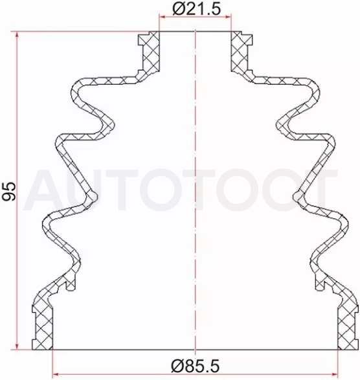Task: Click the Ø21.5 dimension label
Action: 197,9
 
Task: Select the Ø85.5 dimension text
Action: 196,366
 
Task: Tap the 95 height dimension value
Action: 9,191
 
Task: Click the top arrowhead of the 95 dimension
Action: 17,35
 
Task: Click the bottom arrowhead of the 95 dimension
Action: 17,346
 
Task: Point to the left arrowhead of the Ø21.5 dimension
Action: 163,17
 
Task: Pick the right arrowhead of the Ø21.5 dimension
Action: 228,17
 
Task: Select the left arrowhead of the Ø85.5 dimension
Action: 56,375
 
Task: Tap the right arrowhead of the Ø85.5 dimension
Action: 334,375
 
